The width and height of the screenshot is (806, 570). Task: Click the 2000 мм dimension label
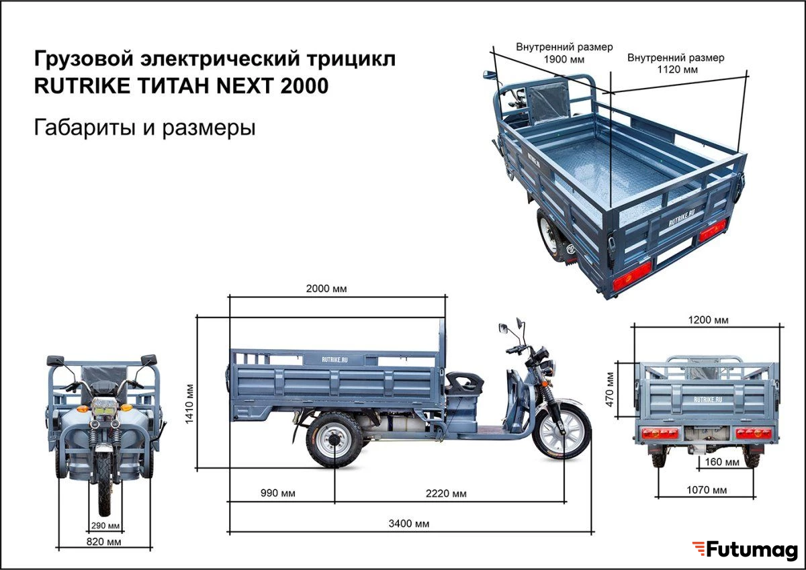click(326, 289)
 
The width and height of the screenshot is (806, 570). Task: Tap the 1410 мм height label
click(189, 404)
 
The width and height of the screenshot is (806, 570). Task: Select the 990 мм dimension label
click(278, 493)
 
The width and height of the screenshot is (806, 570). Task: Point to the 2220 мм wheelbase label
click(446, 493)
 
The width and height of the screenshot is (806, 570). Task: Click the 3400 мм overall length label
click(409, 524)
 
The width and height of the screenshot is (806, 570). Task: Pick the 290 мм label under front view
click(105, 526)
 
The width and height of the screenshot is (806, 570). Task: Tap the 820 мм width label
click(103, 542)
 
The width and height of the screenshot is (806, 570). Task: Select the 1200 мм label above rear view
click(708, 320)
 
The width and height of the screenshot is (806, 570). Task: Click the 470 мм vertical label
click(610, 390)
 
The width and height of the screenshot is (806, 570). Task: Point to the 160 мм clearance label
click(722, 462)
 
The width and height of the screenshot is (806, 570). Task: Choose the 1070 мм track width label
click(707, 490)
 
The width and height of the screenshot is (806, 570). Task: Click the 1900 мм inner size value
click(564, 59)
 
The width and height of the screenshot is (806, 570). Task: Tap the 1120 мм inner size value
click(677, 69)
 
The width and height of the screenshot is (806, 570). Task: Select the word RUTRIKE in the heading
click(82, 86)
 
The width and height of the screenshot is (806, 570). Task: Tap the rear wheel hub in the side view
click(334, 440)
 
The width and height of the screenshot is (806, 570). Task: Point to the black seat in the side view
click(463, 383)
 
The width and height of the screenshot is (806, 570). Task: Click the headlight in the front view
click(104, 408)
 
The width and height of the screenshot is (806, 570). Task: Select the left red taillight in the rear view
click(660, 434)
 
